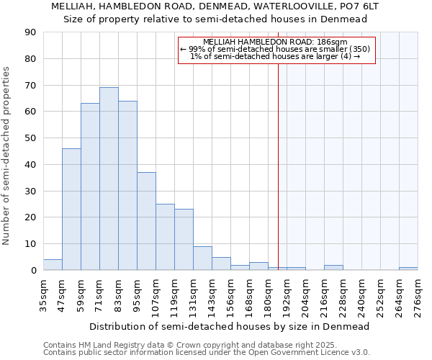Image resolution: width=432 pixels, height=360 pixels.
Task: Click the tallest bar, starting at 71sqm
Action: (109, 179)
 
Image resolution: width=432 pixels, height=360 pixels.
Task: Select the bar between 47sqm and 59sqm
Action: (71, 209)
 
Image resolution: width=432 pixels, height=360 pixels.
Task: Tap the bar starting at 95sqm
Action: (146, 221)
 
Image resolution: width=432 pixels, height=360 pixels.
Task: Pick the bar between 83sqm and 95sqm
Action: (127, 185)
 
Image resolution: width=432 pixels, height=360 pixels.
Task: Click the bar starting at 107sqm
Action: (165, 237)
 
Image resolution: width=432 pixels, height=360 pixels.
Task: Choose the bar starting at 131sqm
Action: (202, 258)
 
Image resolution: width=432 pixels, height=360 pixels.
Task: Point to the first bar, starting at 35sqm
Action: (53, 265)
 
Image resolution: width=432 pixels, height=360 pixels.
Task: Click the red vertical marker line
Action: (278, 166)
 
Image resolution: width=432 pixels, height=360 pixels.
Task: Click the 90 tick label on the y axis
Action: (30, 32)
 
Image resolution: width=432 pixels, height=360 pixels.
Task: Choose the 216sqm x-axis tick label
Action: (325, 295)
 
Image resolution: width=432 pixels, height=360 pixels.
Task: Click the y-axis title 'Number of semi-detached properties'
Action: (7, 156)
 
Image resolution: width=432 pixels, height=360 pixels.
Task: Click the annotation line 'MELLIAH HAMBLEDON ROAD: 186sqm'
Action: (276, 42)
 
